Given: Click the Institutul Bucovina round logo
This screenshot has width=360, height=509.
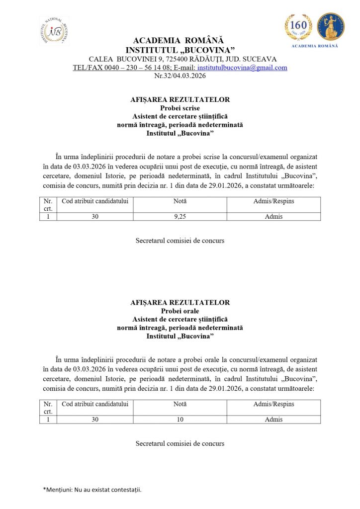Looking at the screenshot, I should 54,31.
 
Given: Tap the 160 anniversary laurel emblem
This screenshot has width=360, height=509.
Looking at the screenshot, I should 298,27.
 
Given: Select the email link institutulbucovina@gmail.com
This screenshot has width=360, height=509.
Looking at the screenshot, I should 242,68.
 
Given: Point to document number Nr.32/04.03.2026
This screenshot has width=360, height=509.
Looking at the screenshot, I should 180,76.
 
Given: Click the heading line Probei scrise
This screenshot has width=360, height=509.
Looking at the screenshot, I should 180,108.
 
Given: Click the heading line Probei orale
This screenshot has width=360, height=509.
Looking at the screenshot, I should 180,311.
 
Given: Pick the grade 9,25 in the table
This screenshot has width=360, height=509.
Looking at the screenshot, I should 180,217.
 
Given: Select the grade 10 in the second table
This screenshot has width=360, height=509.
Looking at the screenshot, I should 180,420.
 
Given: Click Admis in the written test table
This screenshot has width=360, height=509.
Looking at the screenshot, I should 273,217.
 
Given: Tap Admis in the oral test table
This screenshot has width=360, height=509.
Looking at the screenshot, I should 273,420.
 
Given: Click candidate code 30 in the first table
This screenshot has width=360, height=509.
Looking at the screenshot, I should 95,217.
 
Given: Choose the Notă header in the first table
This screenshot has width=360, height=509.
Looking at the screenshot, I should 180,201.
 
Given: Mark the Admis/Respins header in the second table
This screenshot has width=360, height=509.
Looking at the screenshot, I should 273,404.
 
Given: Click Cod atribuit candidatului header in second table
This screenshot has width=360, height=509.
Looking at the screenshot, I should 95,404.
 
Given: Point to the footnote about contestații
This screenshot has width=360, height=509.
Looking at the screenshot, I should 92,490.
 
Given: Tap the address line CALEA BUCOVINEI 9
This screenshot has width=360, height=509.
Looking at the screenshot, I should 180,59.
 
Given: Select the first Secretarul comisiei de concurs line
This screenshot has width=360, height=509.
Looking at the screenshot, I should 180,241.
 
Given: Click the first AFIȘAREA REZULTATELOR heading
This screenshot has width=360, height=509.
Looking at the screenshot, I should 180,99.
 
